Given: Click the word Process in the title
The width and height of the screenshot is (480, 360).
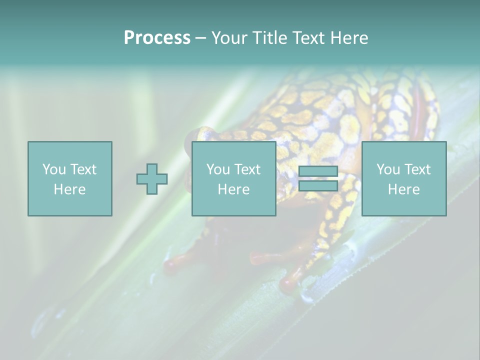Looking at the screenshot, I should coord(157,38).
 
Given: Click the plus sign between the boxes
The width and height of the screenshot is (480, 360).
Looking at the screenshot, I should coord(152,179).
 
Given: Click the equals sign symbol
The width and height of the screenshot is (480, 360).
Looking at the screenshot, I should coord(318,179).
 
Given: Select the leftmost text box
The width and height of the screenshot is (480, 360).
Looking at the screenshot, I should coord(70,178).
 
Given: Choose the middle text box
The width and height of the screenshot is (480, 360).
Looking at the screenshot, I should coord(234,178).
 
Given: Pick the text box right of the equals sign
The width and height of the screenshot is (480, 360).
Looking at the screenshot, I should coord(404,178).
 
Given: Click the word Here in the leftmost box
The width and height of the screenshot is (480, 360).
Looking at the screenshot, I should coord(70,189).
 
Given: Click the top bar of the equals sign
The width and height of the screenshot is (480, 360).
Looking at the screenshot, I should coord(318,171).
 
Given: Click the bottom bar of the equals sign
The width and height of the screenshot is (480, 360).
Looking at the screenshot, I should coord(318,186).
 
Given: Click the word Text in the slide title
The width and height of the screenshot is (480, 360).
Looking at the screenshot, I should coord(306,38).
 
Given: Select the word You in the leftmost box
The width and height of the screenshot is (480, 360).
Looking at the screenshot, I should coord(54,169).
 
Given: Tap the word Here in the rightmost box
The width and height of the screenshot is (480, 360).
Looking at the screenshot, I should coord(404,189).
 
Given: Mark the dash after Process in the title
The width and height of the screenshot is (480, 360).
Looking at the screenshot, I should coord(201,38).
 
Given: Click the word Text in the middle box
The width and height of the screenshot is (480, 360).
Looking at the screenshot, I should coord(247,169).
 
